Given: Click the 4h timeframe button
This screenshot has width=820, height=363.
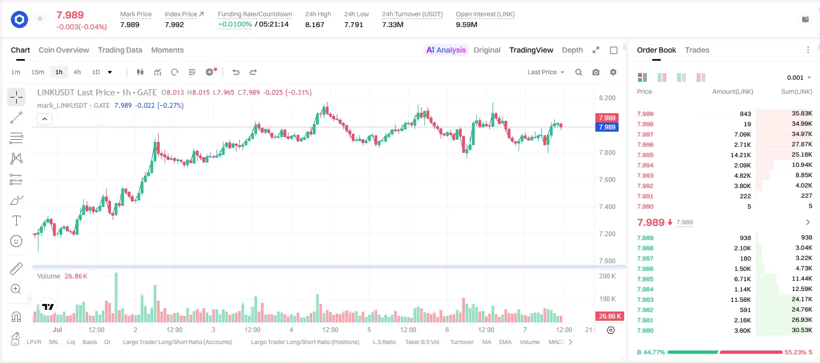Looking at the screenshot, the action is click(x=77, y=72).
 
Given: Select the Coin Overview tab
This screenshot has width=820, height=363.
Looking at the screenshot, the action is click(x=64, y=50).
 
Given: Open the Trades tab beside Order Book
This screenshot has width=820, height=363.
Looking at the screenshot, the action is click(x=697, y=50).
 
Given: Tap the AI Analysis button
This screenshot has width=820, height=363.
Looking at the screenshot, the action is click(x=446, y=50).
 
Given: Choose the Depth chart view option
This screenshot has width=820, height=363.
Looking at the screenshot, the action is click(x=572, y=50).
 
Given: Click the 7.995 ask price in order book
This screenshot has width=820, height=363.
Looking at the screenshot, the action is click(x=645, y=155).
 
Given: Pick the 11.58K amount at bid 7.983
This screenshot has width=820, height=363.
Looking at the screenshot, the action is click(x=740, y=300).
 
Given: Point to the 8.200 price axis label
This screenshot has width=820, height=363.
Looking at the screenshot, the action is click(x=607, y=98).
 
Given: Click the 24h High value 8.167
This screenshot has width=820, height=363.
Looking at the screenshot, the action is click(x=314, y=24).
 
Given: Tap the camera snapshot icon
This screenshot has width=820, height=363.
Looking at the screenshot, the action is click(x=596, y=72).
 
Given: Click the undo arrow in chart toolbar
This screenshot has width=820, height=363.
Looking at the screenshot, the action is click(x=236, y=72).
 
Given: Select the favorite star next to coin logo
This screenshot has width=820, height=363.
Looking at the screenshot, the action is click(x=40, y=18).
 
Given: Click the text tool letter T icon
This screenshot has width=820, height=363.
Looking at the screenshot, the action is click(x=16, y=221).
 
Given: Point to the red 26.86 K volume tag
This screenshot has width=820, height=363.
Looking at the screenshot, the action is click(x=609, y=316).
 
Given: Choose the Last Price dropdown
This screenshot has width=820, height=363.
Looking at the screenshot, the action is click(x=546, y=72).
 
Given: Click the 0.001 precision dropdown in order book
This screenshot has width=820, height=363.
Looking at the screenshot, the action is click(x=799, y=77).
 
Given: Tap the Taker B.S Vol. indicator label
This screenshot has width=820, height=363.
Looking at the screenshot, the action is click(x=422, y=342).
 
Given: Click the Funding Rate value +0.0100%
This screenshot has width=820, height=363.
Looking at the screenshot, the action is click(x=235, y=24).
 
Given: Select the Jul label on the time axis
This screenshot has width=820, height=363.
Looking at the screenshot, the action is click(x=57, y=329).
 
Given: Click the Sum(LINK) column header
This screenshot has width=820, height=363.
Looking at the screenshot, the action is click(x=797, y=92).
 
